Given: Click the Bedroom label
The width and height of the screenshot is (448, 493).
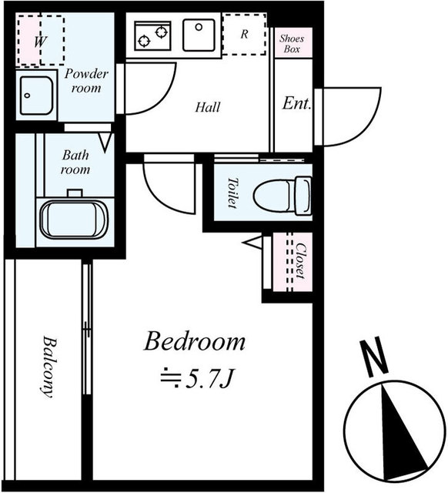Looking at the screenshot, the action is click(x=195, y=341).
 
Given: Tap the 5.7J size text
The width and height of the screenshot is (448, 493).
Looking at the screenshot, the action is click(x=196, y=379).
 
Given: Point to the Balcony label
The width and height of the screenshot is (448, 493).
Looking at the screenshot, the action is click(x=48, y=367).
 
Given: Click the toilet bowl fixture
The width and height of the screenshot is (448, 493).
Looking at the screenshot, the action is click(x=283, y=196).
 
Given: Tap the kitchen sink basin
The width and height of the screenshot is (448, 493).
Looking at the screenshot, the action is click(x=199, y=35).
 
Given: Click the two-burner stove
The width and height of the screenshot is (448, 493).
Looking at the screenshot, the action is click(x=152, y=35).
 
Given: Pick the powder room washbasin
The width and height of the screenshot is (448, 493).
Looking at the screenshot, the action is click(x=36, y=96).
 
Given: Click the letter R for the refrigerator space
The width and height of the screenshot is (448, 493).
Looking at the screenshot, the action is click(x=245, y=34).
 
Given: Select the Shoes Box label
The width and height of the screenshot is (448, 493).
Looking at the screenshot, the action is click(x=292, y=44).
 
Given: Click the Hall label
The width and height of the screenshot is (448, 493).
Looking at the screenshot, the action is click(x=208, y=107).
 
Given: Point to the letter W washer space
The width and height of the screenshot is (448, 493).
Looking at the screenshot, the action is click(x=40, y=42).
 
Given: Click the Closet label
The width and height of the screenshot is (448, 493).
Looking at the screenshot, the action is click(x=301, y=260).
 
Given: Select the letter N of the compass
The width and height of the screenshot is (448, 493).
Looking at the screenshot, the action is click(x=374, y=357).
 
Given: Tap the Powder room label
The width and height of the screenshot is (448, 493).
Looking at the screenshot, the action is click(x=86, y=81).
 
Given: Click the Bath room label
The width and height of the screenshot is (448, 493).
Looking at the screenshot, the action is click(x=75, y=163).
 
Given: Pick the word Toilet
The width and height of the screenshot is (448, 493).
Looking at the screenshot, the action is click(x=232, y=193).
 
